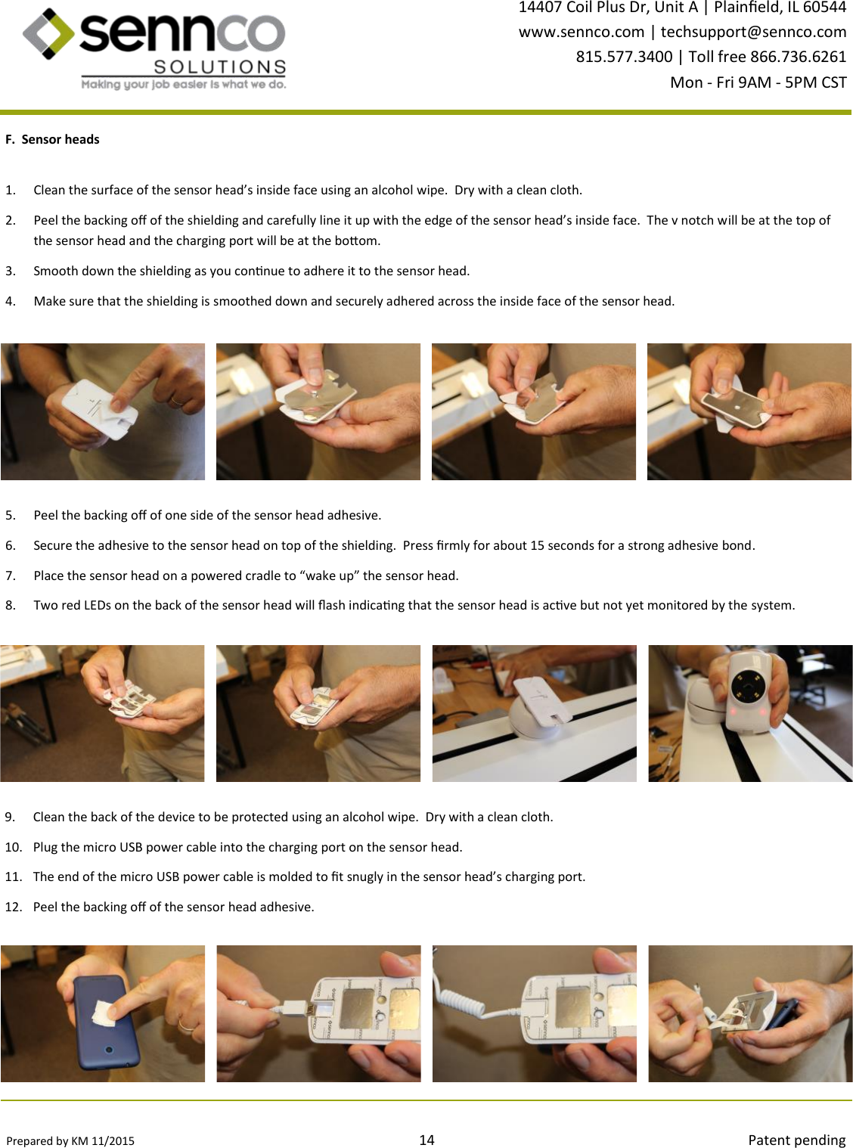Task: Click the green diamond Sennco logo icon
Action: point(48,33)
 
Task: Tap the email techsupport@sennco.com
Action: point(753,32)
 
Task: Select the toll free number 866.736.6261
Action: point(798,57)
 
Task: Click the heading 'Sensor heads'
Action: point(60,139)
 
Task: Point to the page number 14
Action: point(426,1140)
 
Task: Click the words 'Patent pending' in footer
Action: point(796,1140)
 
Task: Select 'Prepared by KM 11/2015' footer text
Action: point(70,1140)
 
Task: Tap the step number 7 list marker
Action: point(11,576)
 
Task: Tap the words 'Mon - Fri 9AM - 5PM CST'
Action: point(758,82)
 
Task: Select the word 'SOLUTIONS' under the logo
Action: point(220,67)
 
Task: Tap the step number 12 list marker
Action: point(14,907)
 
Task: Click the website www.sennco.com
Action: point(582,32)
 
